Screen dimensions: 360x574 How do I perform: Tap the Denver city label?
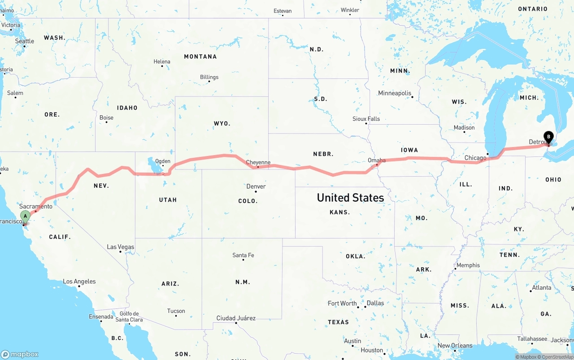coord(256,187)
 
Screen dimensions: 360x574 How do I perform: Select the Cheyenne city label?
coord(258,162)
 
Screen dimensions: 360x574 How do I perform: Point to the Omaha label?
coord(377,160)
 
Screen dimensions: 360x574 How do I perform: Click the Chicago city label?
coord(475,158)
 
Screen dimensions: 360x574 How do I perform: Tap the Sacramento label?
coord(36,206)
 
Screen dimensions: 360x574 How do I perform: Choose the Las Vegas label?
coord(120,247)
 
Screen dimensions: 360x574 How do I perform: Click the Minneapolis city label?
coord(395,93)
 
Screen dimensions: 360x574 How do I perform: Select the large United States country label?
coord(350,198)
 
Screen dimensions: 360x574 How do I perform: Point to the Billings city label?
coord(209,77)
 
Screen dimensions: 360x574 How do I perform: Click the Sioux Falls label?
coord(366,119)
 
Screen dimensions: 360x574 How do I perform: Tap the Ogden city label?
coord(162,161)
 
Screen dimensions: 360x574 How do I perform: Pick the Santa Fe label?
coord(243,255)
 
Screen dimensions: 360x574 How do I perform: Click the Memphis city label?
coord(468,265)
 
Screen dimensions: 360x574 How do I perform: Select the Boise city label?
coord(106,118)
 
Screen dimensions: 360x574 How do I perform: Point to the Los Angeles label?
coord(79,282)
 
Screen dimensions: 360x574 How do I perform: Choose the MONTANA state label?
coord(200,56)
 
